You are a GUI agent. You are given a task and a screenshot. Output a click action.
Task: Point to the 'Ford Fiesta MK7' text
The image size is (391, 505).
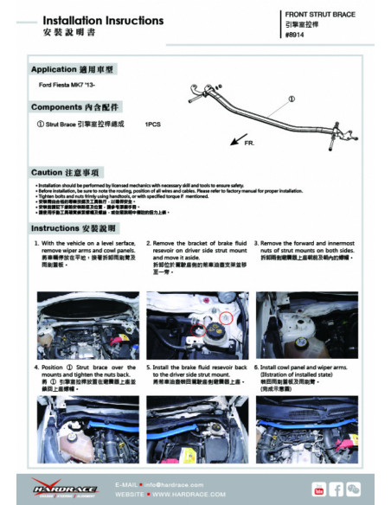68,88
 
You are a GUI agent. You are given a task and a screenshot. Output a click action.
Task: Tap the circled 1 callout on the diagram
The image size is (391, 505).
291,99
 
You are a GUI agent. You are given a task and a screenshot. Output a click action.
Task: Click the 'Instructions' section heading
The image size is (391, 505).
74,228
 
